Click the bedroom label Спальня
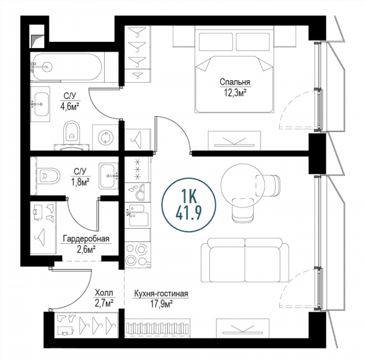(x=235, y=82)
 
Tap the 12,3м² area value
(x=235, y=93)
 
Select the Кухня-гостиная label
(x=161, y=294)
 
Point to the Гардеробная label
(x=86, y=239)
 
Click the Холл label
(x=104, y=292)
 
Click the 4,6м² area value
(x=70, y=106)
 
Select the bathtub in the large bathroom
(x=66, y=67)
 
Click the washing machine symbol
(x=105, y=137)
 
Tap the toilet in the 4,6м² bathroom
(x=71, y=134)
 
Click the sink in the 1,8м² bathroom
(x=108, y=176)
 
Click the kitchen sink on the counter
(x=138, y=215)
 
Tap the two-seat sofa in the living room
(x=245, y=260)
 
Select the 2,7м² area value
(x=104, y=303)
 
